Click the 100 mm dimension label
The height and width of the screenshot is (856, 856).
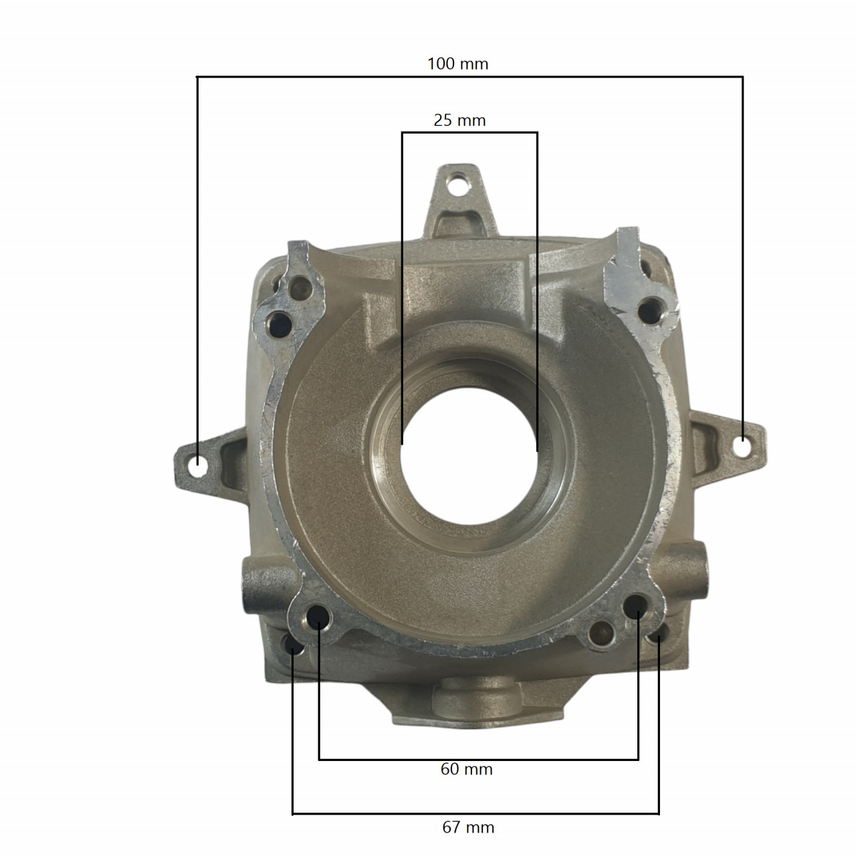coord(457,64)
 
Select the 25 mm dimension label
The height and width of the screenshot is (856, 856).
coord(459,120)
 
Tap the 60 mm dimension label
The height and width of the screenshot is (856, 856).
coord(466,769)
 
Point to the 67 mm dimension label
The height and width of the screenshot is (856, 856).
coord(468,827)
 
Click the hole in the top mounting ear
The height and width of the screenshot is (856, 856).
coord(457,185)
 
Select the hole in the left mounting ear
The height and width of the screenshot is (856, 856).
coord(197,462)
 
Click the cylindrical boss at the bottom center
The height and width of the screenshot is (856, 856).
coord(476,700)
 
